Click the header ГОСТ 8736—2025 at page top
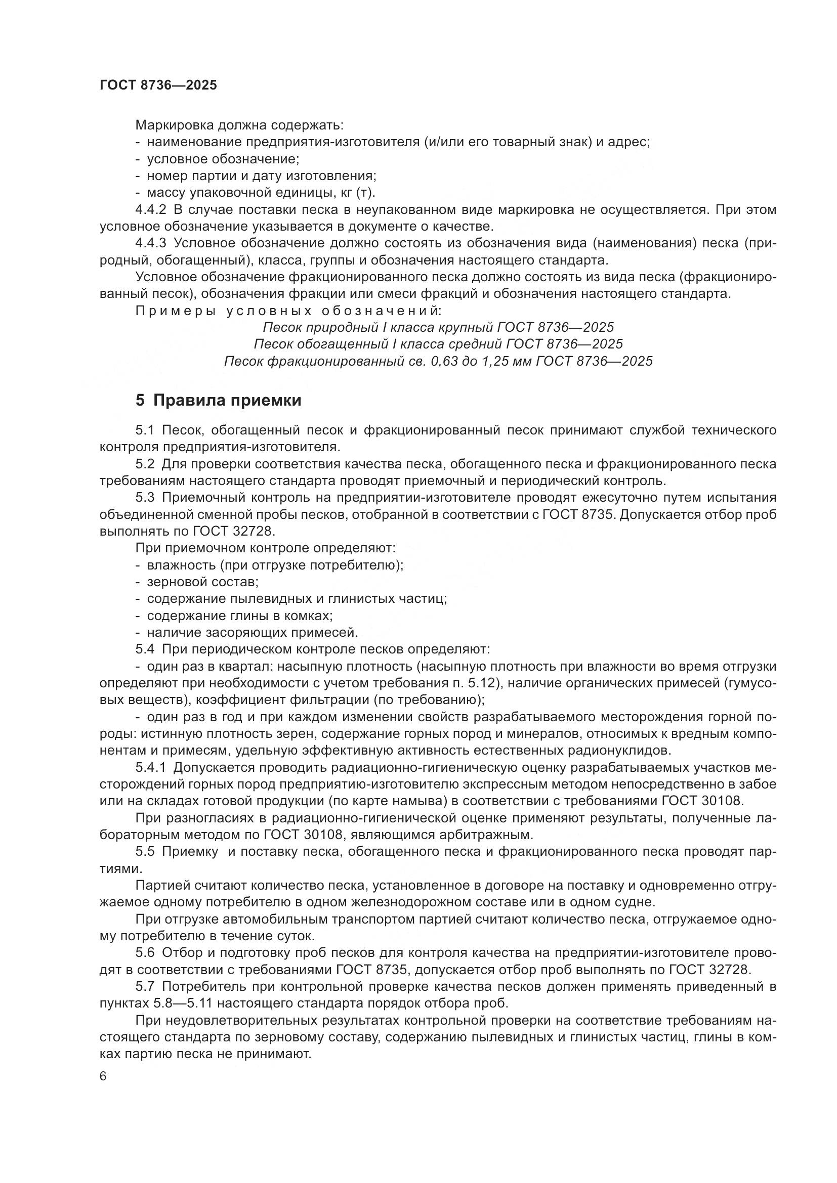(x=158, y=85)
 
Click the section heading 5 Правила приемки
(x=218, y=401)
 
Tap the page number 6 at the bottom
(x=103, y=1076)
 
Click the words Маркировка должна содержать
(x=239, y=125)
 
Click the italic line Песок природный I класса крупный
(x=438, y=327)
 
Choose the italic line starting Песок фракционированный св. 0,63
(x=438, y=361)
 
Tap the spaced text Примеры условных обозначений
(x=288, y=311)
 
